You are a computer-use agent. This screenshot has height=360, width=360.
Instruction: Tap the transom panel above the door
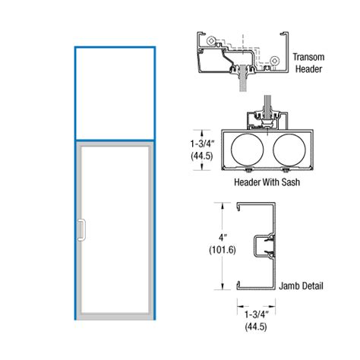coord(115,93)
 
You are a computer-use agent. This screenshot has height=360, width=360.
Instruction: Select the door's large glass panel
coord(118,228)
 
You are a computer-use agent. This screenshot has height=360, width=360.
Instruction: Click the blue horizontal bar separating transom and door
coord(115,139)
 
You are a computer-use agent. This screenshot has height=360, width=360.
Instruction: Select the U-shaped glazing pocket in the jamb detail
coord(266,246)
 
